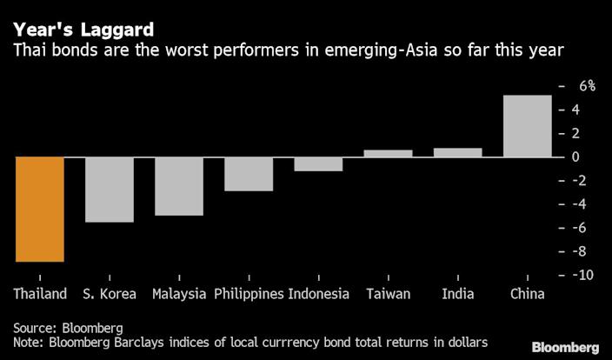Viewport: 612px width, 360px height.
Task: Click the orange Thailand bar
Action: tap(40, 209)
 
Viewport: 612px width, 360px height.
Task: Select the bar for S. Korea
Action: tap(110, 190)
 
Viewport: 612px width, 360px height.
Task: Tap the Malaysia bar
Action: tap(179, 186)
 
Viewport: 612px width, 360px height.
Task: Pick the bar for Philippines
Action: tap(249, 174)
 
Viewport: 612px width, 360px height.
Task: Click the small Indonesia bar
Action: tap(318, 164)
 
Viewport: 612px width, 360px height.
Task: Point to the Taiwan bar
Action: tap(388, 153)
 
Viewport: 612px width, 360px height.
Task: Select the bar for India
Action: tap(457, 152)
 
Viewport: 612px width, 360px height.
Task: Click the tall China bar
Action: tap(527, 126)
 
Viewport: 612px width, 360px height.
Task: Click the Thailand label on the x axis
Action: tap(40, 294)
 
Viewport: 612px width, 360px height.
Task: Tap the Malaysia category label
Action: tap(179, 294)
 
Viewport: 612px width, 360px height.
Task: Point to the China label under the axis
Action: tap(527, 294)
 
